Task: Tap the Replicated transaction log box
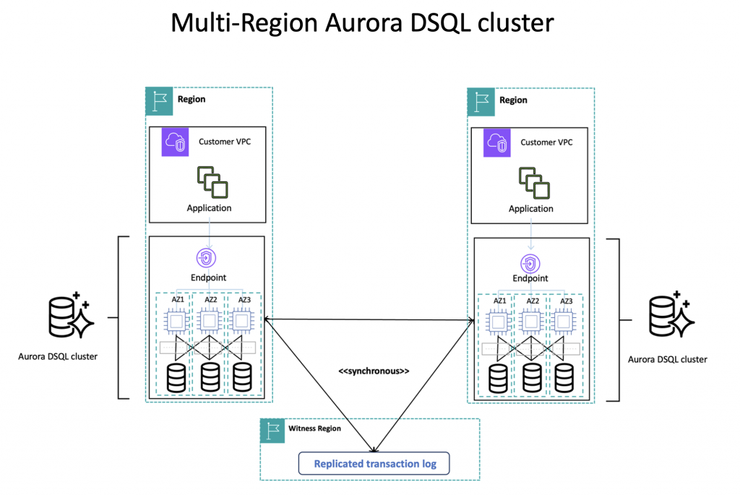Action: pos(374,463)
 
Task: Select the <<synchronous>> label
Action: pos(374,371)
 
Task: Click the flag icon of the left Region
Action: pos(159,101)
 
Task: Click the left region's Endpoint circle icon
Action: pos(208,258)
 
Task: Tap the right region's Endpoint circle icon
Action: pos(530,262)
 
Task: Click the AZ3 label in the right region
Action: pos(566,301)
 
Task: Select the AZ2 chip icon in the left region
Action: pos(210,319)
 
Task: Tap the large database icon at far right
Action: pos(671,315)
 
